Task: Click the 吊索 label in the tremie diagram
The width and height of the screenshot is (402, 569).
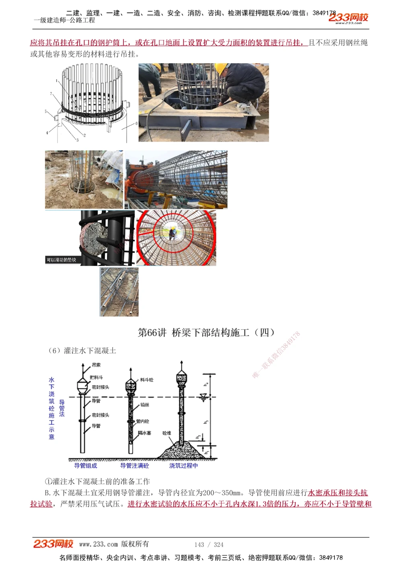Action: tap(96, 365)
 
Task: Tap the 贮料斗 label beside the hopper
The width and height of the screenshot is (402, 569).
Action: tap(96, 378)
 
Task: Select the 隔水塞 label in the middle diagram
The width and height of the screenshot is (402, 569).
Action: tap(145, 433)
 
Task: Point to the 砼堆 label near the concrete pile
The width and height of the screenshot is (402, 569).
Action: tap(167, 433)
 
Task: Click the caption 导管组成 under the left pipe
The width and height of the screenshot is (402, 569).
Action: tap(86, 466)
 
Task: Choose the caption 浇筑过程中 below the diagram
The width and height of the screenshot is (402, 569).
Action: tap(183, 466)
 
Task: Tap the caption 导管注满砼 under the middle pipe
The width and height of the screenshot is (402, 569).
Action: tap(135, 466)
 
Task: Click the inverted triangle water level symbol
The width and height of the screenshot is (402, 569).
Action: tap(203, 397)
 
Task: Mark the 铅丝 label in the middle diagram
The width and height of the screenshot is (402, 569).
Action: tap(145, 405)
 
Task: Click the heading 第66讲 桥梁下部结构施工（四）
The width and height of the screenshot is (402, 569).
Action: tap(207, 333)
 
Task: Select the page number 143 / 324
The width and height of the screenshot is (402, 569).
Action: tap(209, 544)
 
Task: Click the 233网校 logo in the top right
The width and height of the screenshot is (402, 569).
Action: tap(348, 18)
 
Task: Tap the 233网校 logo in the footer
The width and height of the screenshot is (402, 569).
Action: tap(53, 544)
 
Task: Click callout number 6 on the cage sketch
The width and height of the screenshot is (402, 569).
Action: tap(136, 123)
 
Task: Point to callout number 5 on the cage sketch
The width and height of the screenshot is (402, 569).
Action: tap(46, 111)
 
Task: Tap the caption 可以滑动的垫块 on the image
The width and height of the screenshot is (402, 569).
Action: tap(61, 260)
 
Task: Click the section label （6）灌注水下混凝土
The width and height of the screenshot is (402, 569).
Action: tap(82, 351)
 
